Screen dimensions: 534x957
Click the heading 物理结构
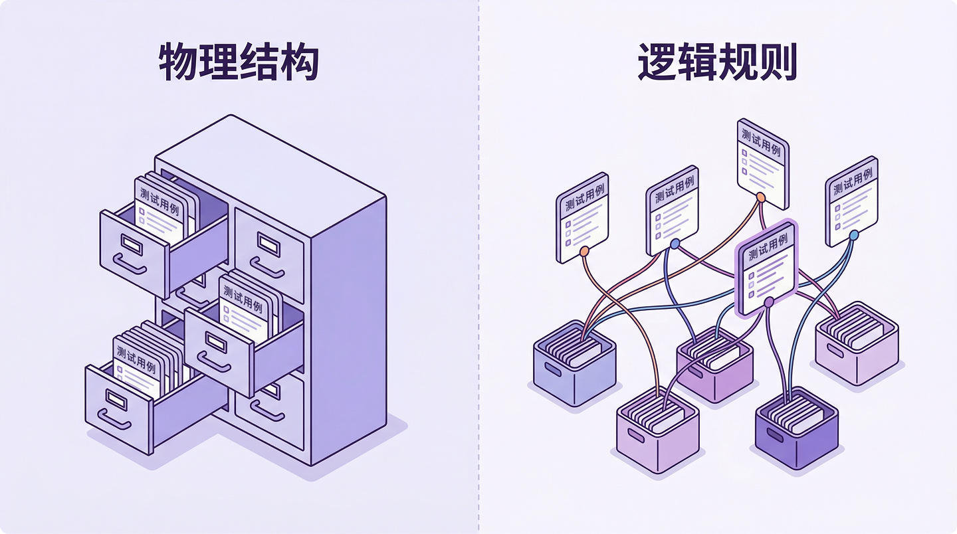coord(239,64)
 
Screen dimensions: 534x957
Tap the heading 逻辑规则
coord(717,64)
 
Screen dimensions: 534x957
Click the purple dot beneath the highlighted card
coord(769,303)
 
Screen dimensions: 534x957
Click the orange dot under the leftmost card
coord(584,252)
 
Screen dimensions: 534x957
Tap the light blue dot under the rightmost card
coord(854,235)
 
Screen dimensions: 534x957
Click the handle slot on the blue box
coord(554,369)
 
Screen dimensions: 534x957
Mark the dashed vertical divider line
coord(478,266)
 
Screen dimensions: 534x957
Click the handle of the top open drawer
coord(130,264)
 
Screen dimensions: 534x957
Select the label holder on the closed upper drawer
coord(268,242)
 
